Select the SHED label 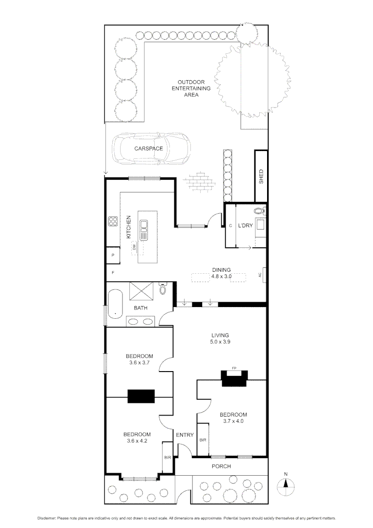261,176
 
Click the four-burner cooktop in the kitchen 112,221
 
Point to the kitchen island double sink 145,229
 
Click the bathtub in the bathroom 116,304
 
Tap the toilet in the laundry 259,211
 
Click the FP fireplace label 234,368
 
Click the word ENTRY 185,435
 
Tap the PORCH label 221,466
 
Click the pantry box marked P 113,255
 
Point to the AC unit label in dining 260,275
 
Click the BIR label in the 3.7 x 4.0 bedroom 203,440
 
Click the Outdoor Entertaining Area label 194,88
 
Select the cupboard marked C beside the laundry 230,226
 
